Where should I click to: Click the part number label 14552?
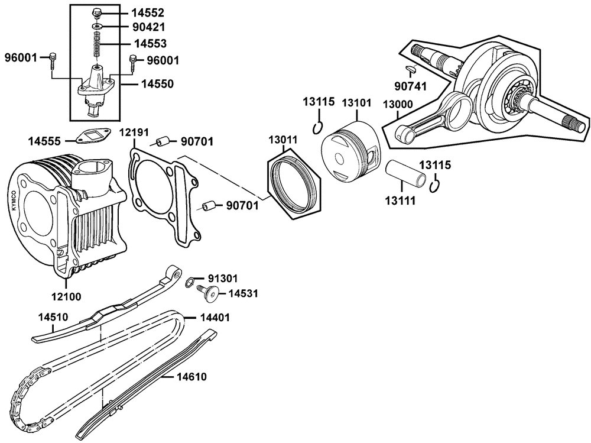click(148, 13)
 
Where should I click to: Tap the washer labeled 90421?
click(98, 27)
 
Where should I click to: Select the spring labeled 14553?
click(98, 44)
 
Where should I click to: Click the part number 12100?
click(66, 296)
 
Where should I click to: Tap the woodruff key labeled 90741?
click(411, 69)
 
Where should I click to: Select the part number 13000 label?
click(398, 104)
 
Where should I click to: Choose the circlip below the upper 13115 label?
click(317, 128)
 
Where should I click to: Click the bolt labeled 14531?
click(208, 293)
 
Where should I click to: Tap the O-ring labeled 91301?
click(190, 282)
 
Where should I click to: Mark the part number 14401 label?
click(215, 318)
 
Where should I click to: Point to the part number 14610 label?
click(192, 377)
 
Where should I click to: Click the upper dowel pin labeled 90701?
click(163, 141)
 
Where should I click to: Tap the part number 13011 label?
click(283, 140)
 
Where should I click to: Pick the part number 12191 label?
click(134, 132)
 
